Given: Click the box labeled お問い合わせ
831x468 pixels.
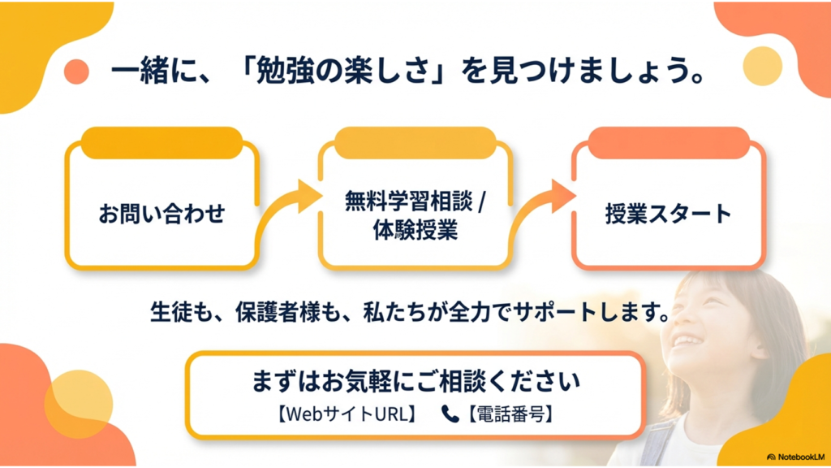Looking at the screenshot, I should (161, 214).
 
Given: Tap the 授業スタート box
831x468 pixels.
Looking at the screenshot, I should (668, 214).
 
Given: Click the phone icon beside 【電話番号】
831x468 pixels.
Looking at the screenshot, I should (450, 414).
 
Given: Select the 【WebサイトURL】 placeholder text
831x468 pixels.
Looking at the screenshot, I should (347, 414).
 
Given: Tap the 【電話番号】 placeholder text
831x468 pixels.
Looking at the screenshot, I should (510, 414).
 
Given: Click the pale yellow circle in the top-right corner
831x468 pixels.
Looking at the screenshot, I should (762, 66).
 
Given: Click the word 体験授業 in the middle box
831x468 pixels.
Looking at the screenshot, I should (414, 230).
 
